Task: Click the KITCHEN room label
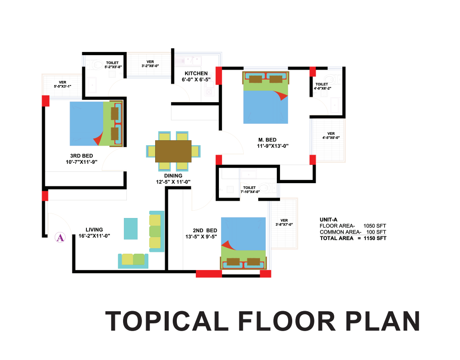click(196, 73)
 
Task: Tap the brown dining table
click(173, 151)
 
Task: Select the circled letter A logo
click(60, 237)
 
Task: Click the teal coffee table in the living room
click(131, 228)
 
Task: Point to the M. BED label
click(267, 140)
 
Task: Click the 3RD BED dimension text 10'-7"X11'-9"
click(81, 162)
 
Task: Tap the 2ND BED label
click(205, 230)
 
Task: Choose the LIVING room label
click(94, 229)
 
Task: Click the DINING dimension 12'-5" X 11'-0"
click(173, 182)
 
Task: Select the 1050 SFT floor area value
click(375, 226)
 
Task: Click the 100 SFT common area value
click(376, 232)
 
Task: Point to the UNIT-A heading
click(328, 219)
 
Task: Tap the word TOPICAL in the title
click(166, 321)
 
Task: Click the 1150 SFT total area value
click(375, 238)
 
